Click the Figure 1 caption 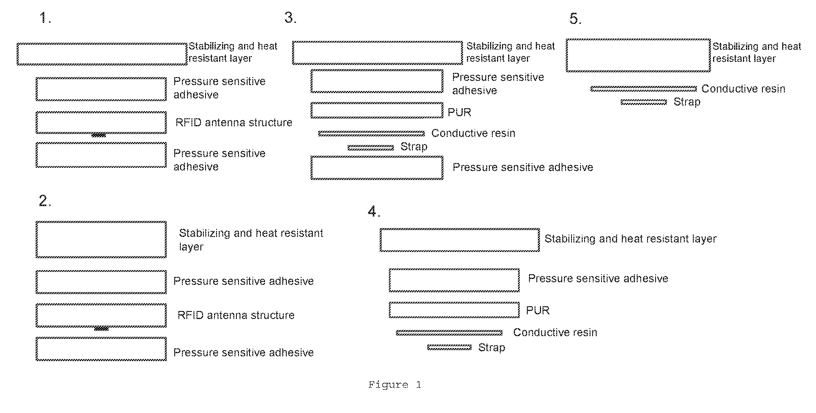[x=395, y=385]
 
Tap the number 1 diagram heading [x=45, y=18]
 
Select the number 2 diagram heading [x=45, y=201]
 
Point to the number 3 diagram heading [x=290, y=17]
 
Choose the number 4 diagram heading [x=374, y=211]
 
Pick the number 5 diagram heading [x=575, y=19]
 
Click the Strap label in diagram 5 [x=687, y=102]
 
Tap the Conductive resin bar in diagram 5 [x=643, y=89]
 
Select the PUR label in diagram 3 [x=459, y=112]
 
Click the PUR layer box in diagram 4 [x=454, y=302]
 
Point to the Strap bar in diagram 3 [x=371, y=147]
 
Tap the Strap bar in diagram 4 [x=449, y=347]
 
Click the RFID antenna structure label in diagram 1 [x=234, y=122]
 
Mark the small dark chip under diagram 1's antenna [x=99, y=135]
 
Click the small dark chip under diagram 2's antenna [x=101, y=329]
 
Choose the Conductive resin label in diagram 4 [x=555, y=332]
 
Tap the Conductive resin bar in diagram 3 [x=371, y=133]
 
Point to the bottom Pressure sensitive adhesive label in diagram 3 [x=523, y=167]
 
